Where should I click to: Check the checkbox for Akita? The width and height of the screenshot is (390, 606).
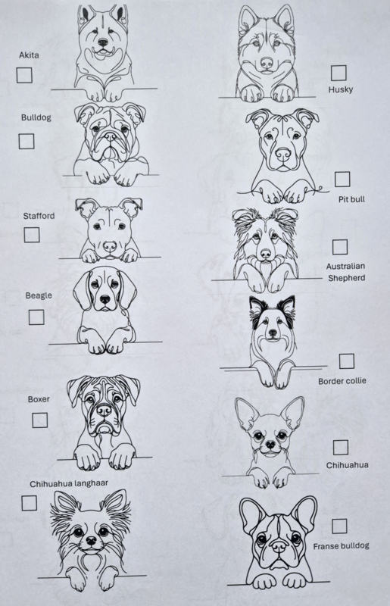click(24, 75)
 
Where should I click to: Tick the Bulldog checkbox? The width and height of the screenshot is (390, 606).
click(27, 141)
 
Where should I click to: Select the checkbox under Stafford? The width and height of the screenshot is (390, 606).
click(32, 235)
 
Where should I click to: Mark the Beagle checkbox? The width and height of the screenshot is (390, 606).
click(36, 317)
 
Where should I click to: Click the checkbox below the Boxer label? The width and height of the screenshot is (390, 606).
click(40, 420)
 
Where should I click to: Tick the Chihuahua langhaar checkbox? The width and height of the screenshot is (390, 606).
click(29, 503)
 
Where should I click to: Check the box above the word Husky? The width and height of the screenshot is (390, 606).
click(339, 73)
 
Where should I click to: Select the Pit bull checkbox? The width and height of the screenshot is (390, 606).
click(342, 180)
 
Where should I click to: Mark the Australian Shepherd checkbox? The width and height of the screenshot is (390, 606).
click(340, 247)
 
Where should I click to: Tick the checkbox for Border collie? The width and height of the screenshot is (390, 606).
click(347, 361)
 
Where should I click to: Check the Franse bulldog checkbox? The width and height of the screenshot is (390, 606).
click(339, 526)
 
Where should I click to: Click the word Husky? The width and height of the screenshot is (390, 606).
click(341, 89)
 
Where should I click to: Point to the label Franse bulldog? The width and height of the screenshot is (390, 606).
click(341, 546)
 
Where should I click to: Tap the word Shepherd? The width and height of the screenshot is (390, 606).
click(346, 278)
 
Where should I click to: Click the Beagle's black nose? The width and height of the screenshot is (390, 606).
click(105, 299)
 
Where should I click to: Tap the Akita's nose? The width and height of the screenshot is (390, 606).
click(103, 42)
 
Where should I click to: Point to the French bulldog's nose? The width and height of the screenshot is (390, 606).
click(279, 546)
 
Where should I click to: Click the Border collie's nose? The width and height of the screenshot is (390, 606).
click(273, 333)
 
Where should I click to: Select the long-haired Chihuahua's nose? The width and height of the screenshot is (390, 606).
click(91, 540)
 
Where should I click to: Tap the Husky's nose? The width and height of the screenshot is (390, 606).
click(267, 62)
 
